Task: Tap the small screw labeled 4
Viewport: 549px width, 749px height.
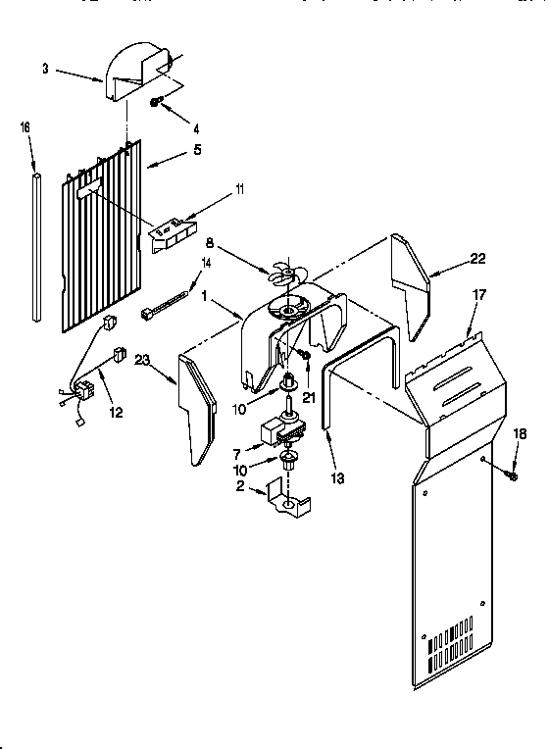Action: tap(156, 102)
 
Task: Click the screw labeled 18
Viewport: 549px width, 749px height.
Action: tap(511, 474)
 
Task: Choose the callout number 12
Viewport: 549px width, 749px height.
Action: tap(117, 413)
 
